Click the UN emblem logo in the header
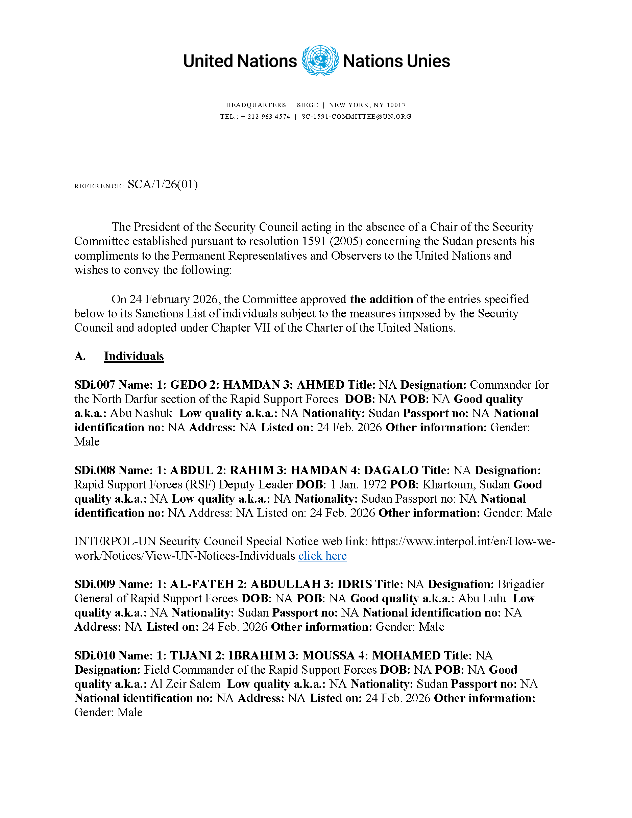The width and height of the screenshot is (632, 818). [320, 61]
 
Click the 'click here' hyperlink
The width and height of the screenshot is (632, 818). [322, 556]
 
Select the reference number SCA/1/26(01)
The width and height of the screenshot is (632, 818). [163, 184]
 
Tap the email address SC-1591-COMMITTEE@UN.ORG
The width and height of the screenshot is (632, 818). [356, 117]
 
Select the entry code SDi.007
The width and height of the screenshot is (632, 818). [94, 385]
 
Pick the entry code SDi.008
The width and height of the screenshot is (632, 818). [94, 470]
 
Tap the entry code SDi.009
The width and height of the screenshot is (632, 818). [94, 584]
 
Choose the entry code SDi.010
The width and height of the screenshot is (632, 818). [94, 655]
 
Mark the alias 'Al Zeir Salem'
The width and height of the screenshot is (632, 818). [185, 684]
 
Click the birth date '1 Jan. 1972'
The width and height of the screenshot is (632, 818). [358, 484]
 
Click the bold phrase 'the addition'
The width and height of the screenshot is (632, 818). [381, 299]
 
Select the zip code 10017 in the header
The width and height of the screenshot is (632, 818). [396, 105]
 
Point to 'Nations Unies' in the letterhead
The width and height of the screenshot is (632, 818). [396, 61]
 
